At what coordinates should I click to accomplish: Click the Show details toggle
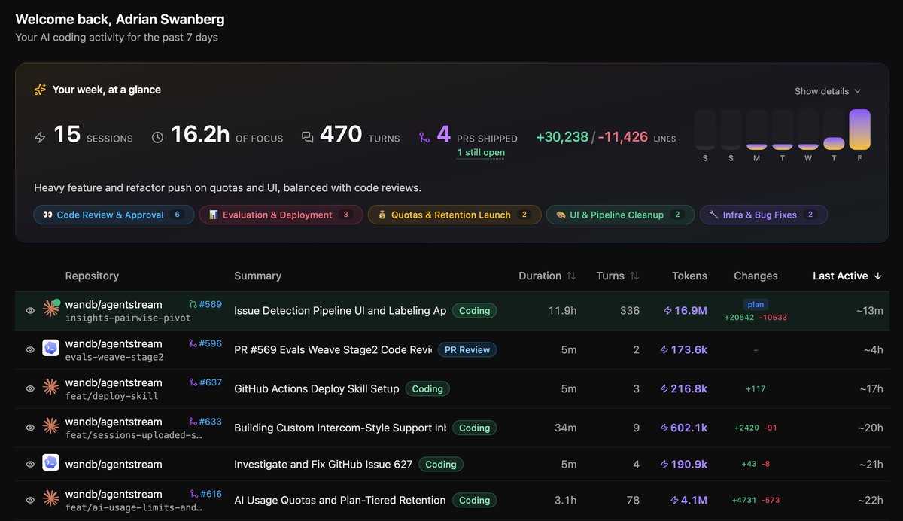coord(828,91)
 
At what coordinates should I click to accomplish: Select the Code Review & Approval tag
coord(114,215)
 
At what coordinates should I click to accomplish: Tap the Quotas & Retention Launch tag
coord(455,215)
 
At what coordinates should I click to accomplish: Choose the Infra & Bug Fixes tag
coord(764,215)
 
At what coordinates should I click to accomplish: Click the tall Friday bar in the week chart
coord(859,129)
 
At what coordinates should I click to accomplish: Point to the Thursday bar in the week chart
coord(834,143)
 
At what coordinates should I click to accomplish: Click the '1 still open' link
coord(481,152)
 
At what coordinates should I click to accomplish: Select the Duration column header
coord(546,276)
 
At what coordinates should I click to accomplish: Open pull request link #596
coord(205,343)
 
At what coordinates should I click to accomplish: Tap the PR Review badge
coord(467,349)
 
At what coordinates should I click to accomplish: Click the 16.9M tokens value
coord(686,310)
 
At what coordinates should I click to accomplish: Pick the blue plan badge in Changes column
coord(756,304)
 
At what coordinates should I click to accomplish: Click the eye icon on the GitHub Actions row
coord(30,388)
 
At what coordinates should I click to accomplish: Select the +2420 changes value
coord(746,428)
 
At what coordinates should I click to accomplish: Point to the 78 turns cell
coord(633,501)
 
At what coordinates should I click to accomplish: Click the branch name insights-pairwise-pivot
coord(128,318)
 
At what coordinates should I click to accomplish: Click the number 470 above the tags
coord(341,134)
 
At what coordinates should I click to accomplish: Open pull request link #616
coord(206,494)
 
